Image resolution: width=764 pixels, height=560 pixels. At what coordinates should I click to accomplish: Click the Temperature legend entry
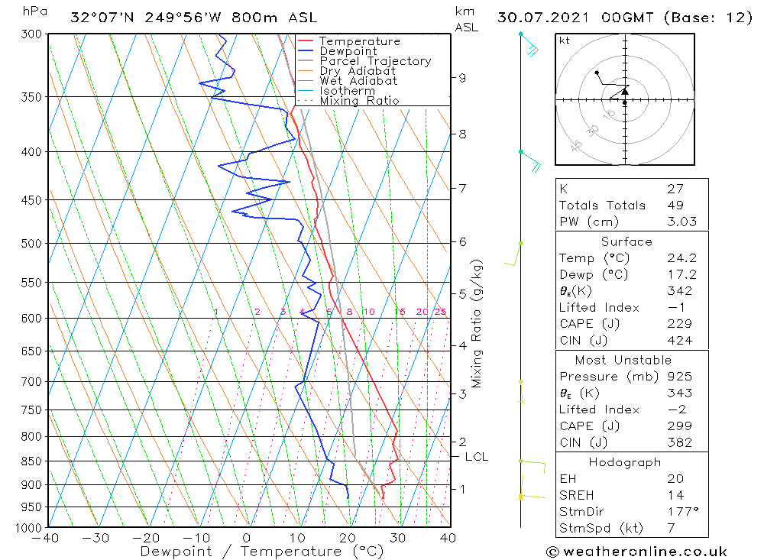point(359,41)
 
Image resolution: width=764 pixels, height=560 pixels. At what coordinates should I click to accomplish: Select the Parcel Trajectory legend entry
point(375,61)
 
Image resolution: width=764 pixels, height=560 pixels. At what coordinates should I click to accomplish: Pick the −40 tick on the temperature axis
point(47,538)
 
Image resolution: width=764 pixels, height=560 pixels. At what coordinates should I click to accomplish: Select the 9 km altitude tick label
point(461,77)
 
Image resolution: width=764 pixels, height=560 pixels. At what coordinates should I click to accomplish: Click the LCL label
point(476,457)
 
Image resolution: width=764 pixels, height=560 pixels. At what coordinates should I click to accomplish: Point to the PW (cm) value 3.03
point(681,222)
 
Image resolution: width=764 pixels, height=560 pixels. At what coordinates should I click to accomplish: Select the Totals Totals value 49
point(675,206)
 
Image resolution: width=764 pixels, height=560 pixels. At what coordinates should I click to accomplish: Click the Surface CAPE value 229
point(678,324)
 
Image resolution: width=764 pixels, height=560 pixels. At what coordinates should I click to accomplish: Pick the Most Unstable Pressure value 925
point(678,377)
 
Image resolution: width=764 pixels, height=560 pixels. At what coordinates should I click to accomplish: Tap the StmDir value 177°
point(681,511)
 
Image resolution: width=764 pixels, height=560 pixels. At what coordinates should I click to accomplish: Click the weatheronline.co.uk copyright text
point(636,551)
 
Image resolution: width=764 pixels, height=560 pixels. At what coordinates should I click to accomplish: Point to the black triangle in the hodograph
point(625,91)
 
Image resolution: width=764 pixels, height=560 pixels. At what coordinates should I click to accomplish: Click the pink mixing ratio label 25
point(440,312)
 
